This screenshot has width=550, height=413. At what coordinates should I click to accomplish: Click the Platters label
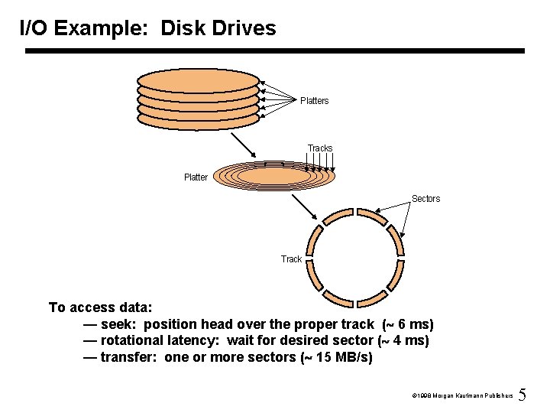pos(314,101)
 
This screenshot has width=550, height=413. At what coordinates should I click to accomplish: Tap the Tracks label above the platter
pos(320,148)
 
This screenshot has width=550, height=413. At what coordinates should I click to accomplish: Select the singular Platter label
pos(196,177)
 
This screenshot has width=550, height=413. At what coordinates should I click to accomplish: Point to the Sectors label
pos(425,199)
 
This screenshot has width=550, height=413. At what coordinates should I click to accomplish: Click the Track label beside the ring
pos(291,259)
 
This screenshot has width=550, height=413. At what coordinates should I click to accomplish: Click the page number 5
pos(522,395)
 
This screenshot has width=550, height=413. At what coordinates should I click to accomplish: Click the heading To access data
pos(101,307)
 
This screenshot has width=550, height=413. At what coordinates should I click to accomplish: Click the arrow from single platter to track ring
pos(309,207)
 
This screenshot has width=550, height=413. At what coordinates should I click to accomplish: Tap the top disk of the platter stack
pos(199,78)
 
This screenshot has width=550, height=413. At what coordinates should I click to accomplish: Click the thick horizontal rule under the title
pos(275,51)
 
